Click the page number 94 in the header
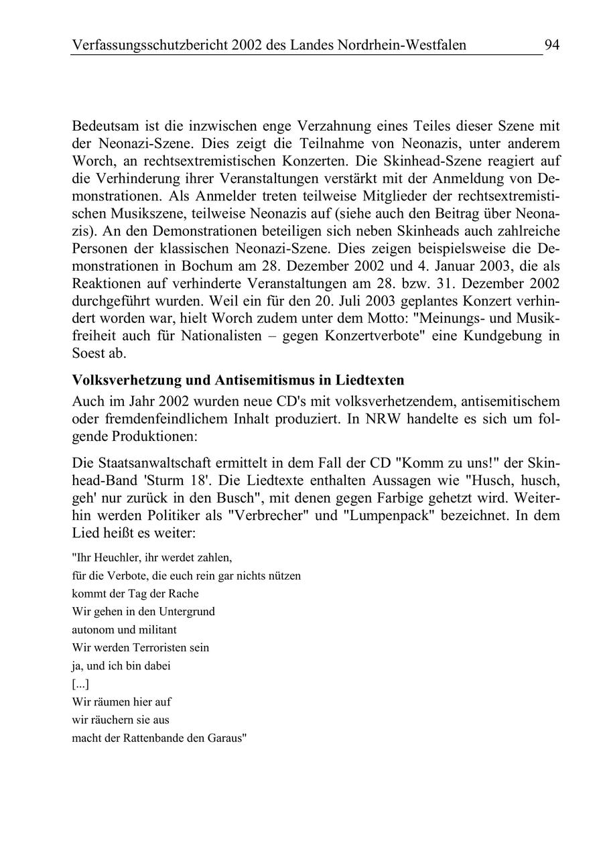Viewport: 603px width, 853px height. (x=551, y=45)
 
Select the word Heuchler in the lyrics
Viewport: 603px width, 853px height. (x=109, y=557)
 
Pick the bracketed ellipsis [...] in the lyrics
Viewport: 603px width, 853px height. (x=80, y=684)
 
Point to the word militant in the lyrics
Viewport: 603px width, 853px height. (x=159, y=630)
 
